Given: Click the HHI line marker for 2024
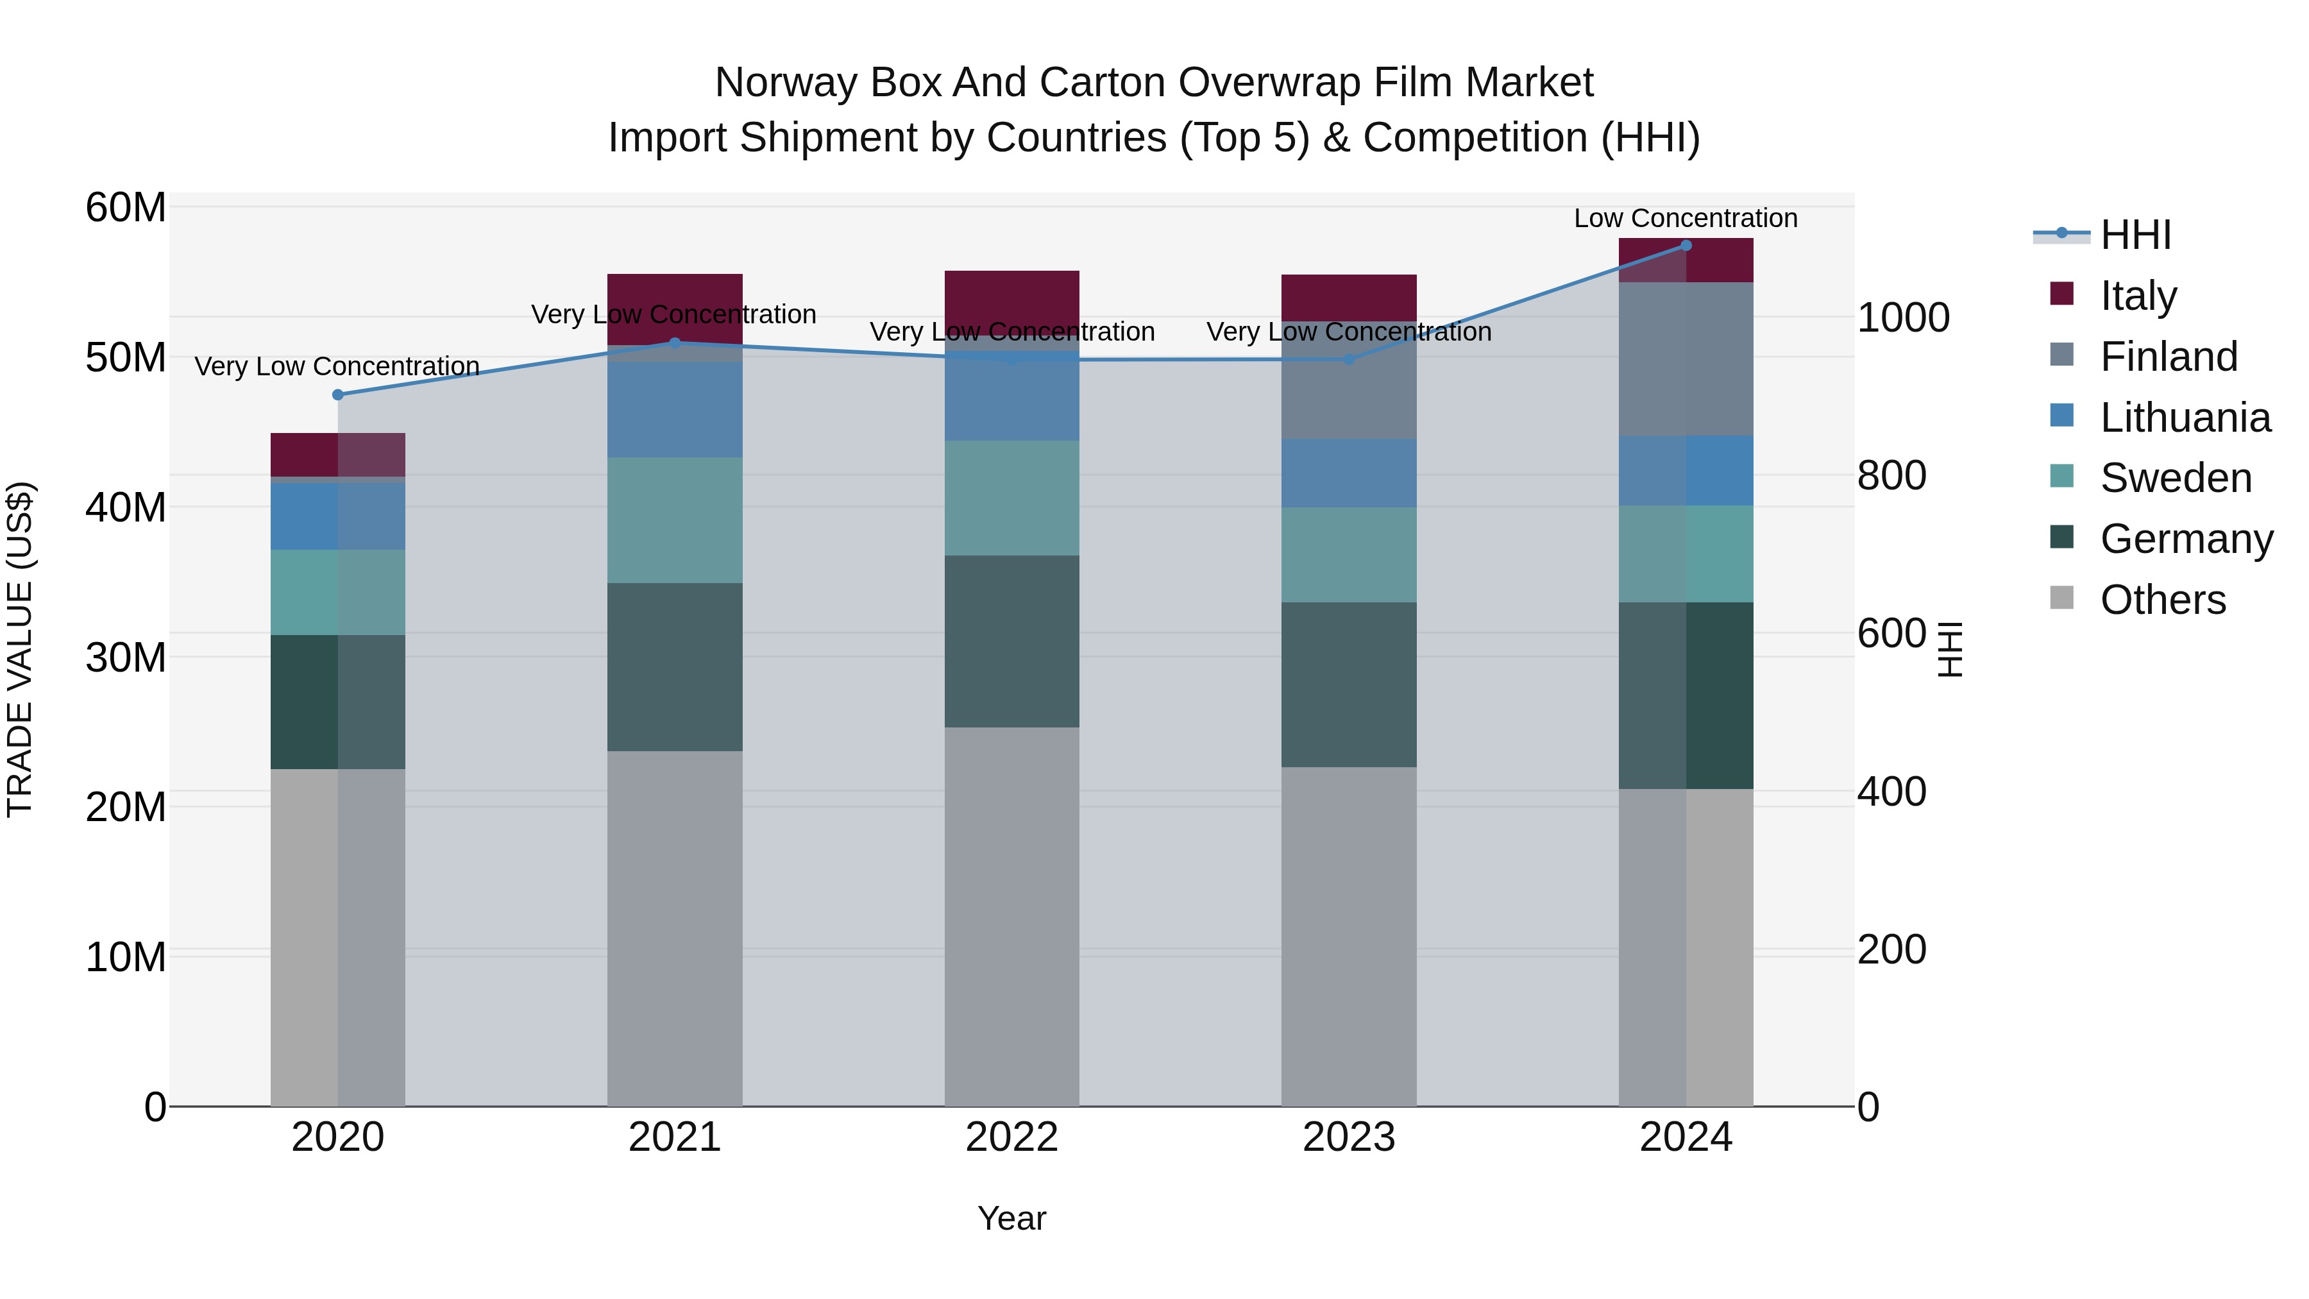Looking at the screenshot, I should pos(1685,246).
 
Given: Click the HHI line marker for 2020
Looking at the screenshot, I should pos(338,395).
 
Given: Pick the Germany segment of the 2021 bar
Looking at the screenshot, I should pos(674,667).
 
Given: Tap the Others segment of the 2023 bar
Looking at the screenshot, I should pos(1348,936).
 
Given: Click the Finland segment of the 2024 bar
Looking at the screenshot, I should pos(1685,359).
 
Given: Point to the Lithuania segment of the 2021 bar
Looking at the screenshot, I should pos(674,410).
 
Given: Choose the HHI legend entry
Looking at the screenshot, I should pos(2135,235).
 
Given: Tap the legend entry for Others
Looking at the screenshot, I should pos(2162,600).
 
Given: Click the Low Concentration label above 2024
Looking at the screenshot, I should pos(1685,218).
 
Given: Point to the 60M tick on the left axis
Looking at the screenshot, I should pos(126,208).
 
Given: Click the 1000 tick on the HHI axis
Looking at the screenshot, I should pos(1902,318).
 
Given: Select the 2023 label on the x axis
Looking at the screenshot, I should pos(1348,1137).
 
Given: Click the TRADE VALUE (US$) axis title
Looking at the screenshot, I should pos(20,649).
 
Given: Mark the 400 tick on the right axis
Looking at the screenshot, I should pos(1891,792).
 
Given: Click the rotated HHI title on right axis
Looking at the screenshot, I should pos(1950,649).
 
